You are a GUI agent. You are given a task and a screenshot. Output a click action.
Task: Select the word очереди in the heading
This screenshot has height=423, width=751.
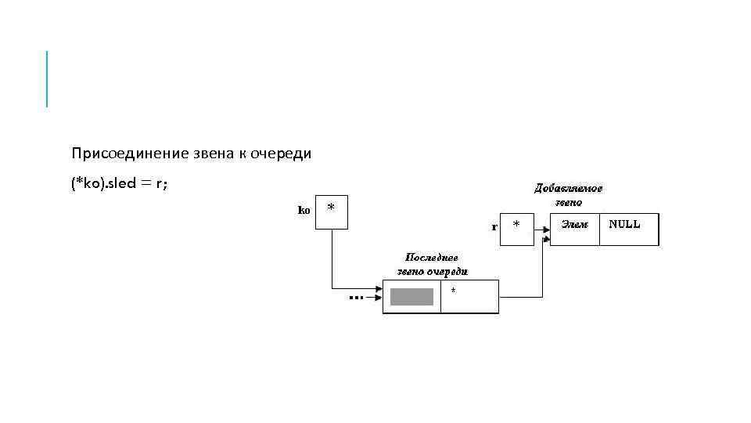click(281, 154)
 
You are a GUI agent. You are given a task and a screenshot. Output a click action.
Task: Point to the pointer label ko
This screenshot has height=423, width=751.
click(304, 210)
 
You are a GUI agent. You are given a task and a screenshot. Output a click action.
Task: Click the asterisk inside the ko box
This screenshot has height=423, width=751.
click(332, 208)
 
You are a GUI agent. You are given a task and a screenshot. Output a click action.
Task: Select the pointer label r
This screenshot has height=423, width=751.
click(494, 227)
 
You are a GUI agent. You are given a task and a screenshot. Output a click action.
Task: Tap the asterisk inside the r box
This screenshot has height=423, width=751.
click(516, 226)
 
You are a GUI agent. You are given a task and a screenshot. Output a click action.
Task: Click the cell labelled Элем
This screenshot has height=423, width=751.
click(575, 224)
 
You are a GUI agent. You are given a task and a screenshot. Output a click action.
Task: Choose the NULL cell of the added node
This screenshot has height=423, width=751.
click(624, 224)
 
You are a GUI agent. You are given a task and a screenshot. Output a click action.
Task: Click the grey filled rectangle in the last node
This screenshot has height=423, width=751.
click(411, 297)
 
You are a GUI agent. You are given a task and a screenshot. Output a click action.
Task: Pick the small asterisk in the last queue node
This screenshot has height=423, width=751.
click(454, 290)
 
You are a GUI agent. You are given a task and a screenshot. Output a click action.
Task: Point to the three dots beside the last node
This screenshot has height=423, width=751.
click(356, 298)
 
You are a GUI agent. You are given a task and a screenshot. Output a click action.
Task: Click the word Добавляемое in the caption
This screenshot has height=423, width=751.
click(569, 188)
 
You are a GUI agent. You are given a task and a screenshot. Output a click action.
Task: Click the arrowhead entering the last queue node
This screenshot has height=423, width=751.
click(378, 287)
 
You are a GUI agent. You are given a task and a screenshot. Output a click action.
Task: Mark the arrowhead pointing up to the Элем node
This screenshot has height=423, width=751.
click(544, 232)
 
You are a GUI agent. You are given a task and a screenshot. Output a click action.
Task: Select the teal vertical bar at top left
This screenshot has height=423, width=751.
click(47, 78)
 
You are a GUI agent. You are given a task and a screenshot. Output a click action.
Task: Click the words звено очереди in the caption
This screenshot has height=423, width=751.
click(427, 271)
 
